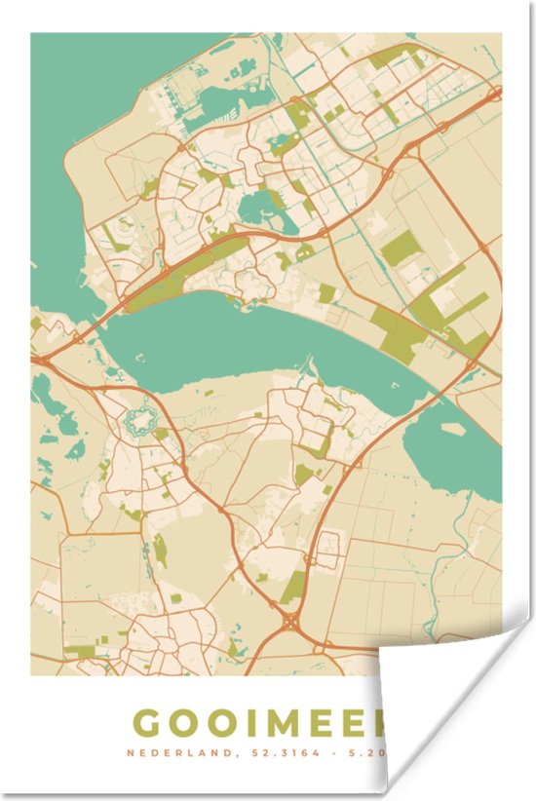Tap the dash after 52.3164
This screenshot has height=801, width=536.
click(322, 752)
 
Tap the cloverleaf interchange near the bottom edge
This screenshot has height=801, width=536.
click(293, 620)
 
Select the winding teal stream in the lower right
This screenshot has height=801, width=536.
click(458, 546)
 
